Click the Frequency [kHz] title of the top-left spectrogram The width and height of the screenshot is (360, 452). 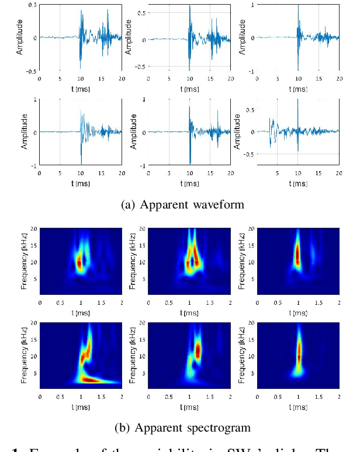pos(24,263)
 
